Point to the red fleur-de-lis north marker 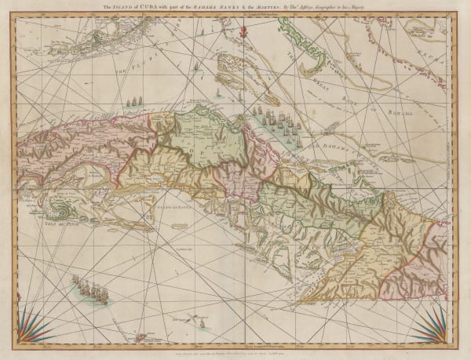(x=244, y=32)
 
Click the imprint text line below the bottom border (x=235, y=352)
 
